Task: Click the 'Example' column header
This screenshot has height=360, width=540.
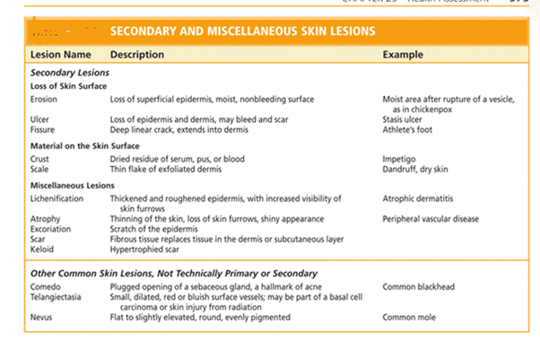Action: (403, 55)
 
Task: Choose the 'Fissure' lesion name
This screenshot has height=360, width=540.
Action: (43, 130)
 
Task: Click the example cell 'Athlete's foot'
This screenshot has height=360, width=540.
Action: (409, 130)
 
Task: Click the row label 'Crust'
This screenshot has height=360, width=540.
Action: (39, 158)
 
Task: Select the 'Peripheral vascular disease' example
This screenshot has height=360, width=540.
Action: (431, 218)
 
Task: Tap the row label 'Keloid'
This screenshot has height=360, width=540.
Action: (42, 248)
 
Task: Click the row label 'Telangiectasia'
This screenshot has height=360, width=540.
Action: (57, 297)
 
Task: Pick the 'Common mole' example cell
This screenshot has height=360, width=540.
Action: (407, 317)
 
